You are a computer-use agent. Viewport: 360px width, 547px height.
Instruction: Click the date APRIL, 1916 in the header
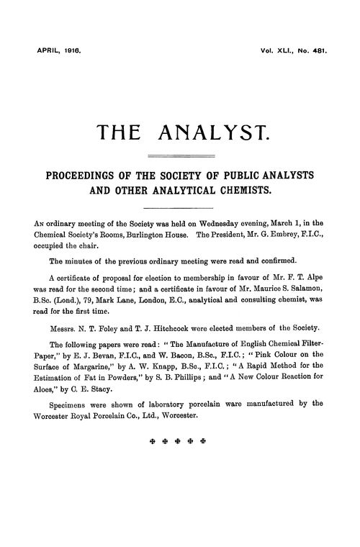coord(53,52)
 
